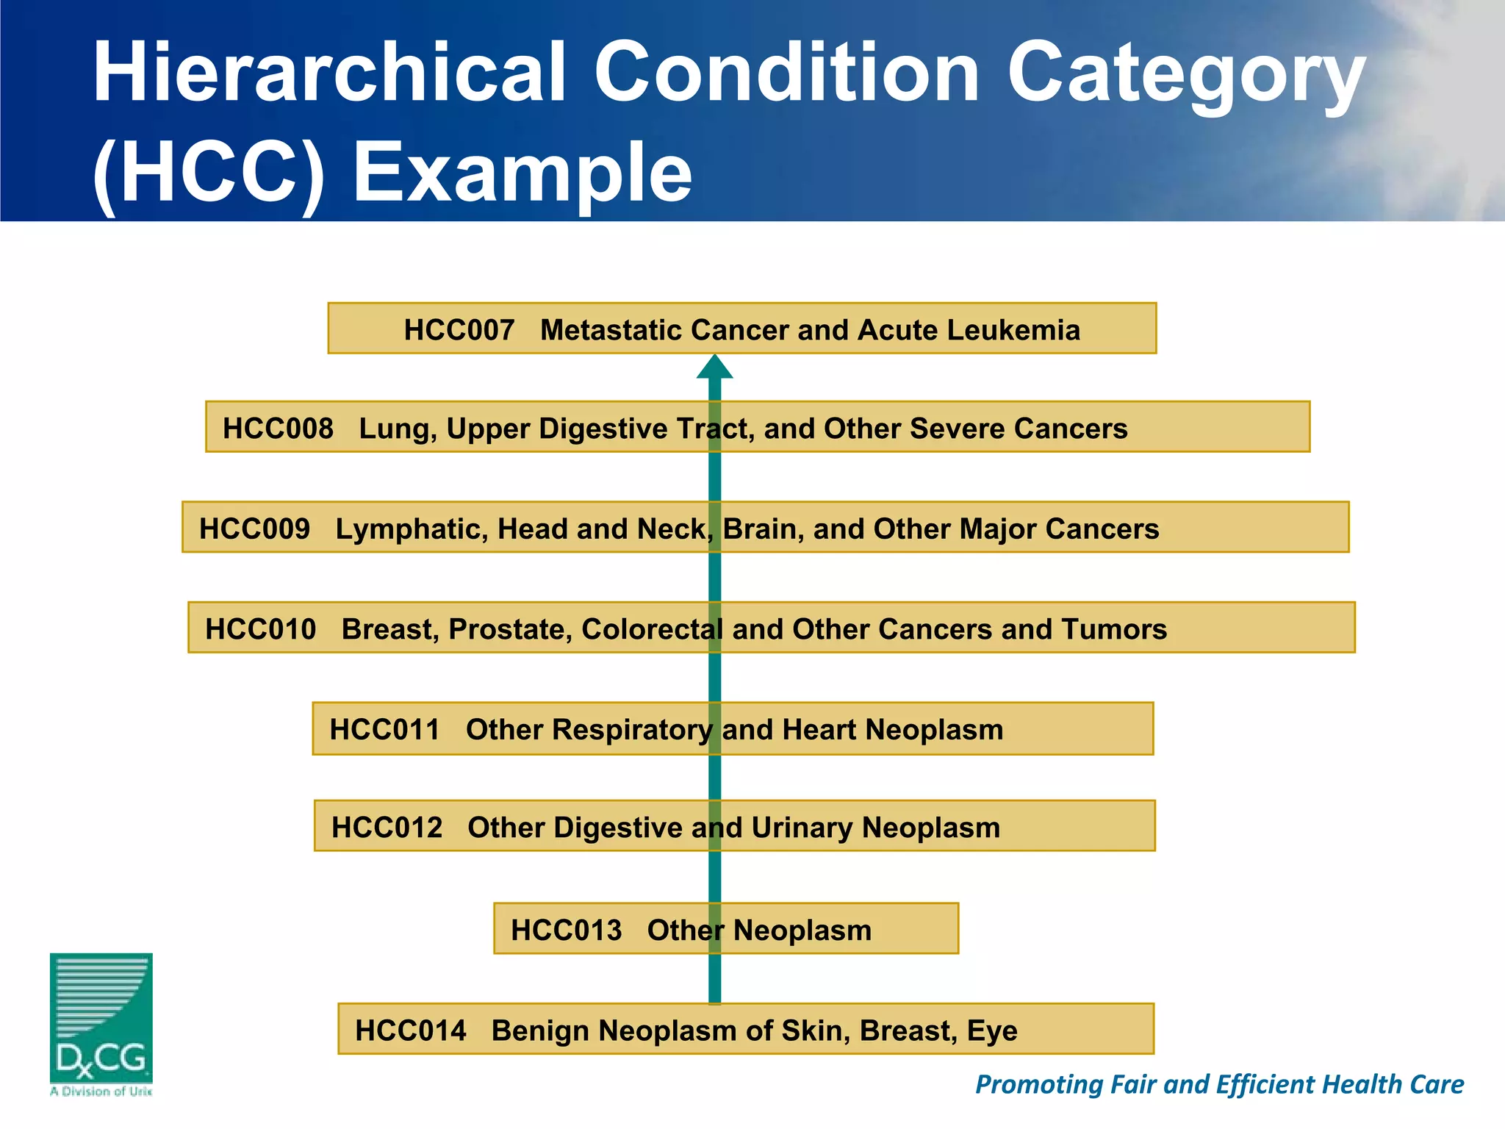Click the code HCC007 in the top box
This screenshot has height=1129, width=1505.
459,331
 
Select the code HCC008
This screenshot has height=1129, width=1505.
278,429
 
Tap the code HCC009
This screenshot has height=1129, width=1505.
254,529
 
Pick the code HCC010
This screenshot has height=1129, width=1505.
260,630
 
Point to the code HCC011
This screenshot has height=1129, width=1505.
384,730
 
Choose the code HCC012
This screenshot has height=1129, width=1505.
387,828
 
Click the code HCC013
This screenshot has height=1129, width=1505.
566,931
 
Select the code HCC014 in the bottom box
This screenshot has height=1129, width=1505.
410,1031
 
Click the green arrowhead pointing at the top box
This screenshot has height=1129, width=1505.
714,368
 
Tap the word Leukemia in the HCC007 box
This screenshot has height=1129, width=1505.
1013,331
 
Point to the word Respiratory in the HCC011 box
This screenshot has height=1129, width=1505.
632,731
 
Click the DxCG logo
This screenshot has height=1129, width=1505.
101,1022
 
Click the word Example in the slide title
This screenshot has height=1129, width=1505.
522,173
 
